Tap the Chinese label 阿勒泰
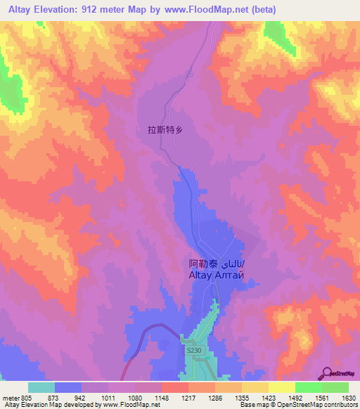coord(205,265)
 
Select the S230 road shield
coord(193,349)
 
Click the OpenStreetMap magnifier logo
coord(328,372)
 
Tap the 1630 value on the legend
coord(348,398)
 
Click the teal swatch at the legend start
coord(41,387)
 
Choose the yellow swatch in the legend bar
coord(281,387)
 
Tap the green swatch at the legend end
coord(335,387)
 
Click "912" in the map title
coord(104,10)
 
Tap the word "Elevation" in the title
coord(60,10)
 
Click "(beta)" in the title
coord(262,10)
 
